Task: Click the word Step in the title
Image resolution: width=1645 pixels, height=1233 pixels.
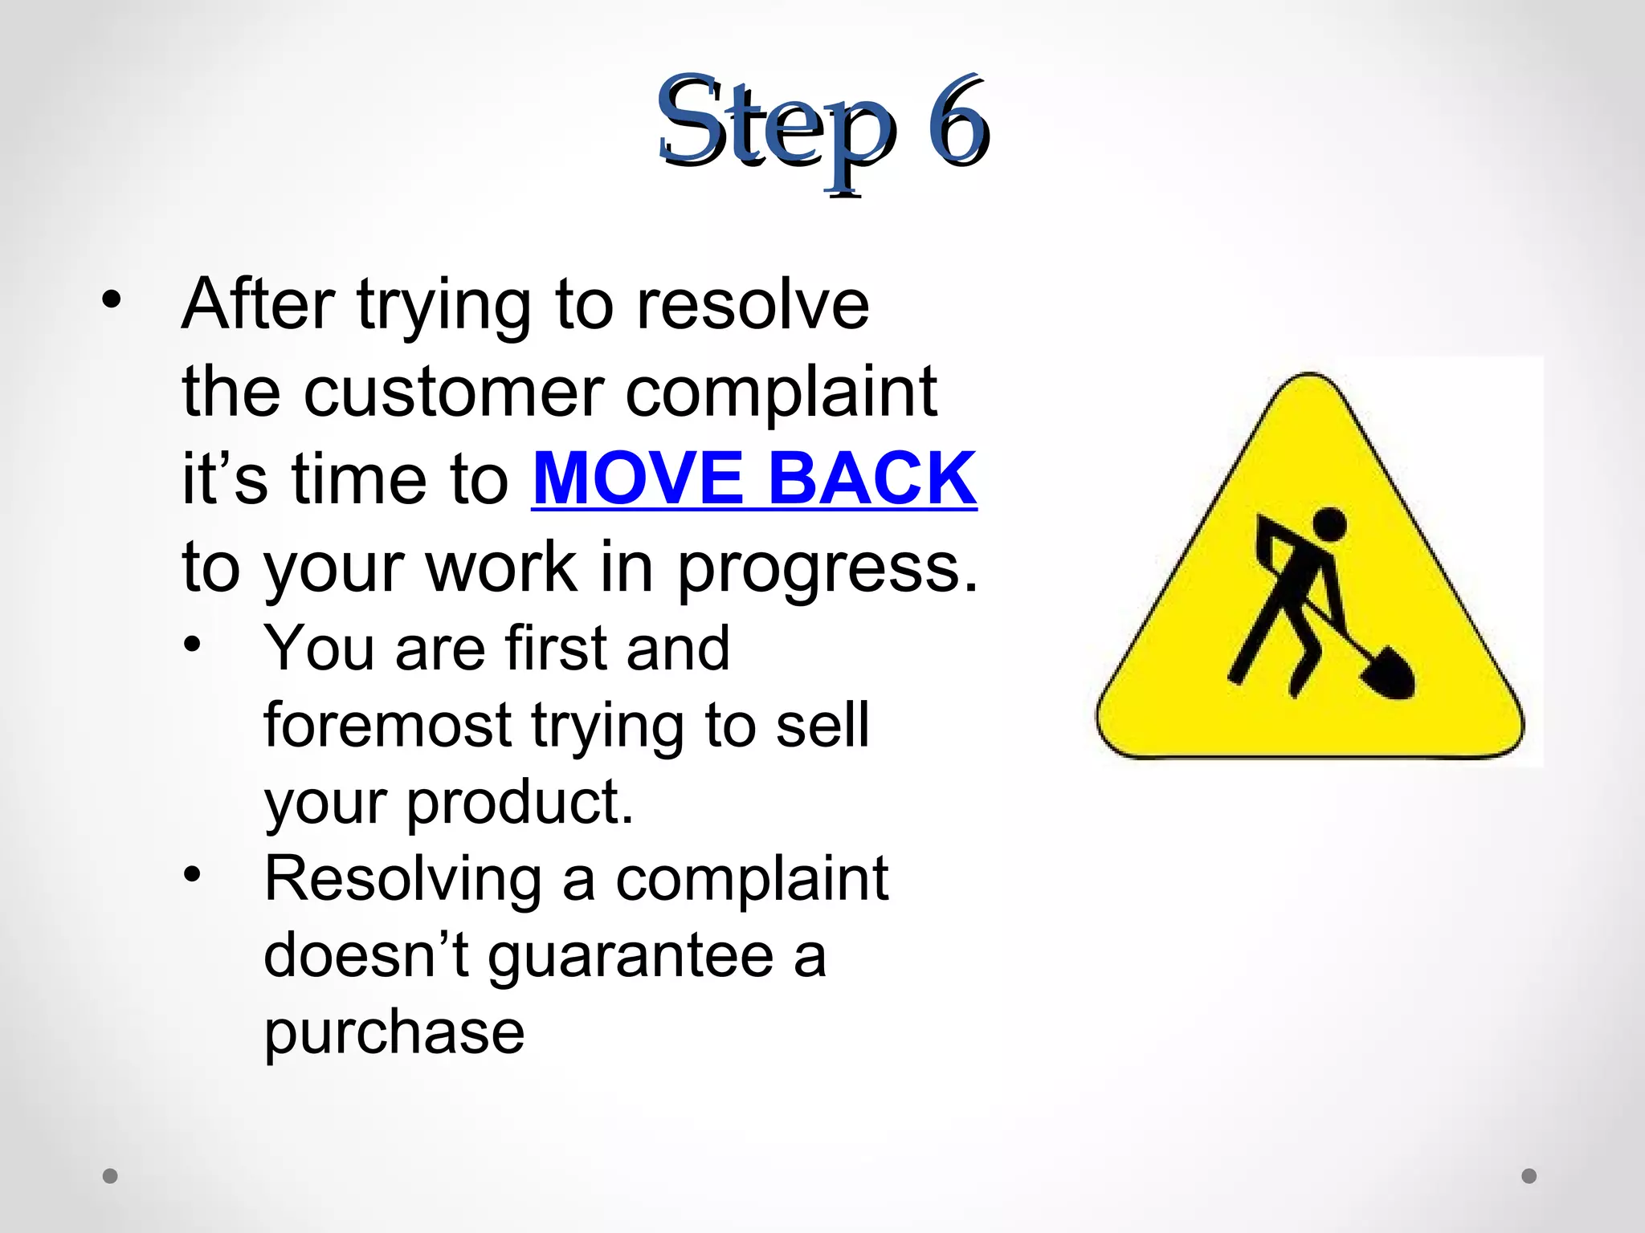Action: click(x=775, y=128)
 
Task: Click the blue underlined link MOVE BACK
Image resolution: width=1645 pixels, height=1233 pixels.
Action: click(x=753, y=479)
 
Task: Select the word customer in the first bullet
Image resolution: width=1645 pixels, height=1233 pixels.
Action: click(x=453, y=393)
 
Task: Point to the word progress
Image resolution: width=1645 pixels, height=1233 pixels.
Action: click(x=827, y=568)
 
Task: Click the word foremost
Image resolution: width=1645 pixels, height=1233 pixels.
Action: click(x=387, y=726)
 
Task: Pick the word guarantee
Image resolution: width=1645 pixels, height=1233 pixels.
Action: click(x=630, y=957)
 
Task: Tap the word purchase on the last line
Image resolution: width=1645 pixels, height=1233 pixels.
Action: click(x=394, y=1034)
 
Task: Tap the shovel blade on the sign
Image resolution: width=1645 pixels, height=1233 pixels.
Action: click(x=1389, y=673)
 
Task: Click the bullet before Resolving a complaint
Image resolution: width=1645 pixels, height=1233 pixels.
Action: click(x=191, y=875)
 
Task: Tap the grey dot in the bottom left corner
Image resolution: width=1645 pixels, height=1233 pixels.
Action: click(x=110, y=1176)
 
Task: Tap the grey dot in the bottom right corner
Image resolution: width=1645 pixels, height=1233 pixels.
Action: click(x=1529, y=1176)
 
